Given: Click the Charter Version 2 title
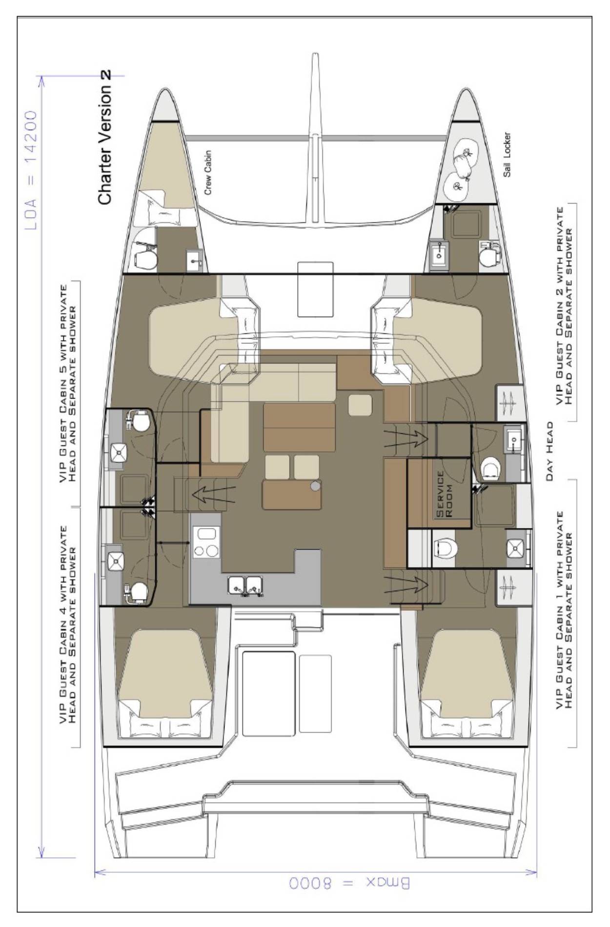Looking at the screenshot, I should coord(105,137).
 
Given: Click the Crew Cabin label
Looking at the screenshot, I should coord(208,172).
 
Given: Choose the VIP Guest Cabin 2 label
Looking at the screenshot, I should coord(564,312).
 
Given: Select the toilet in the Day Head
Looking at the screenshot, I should coord(489,470).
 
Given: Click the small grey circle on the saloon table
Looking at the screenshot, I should coord(316,485).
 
